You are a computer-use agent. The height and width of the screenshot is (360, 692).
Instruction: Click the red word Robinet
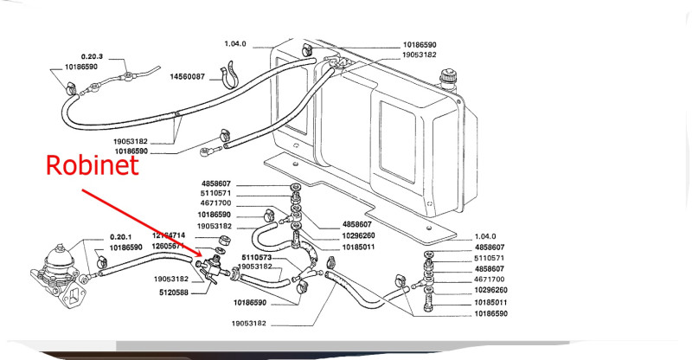click(x=93, y=165)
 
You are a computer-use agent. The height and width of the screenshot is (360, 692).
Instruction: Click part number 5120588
click(x=173, y=292)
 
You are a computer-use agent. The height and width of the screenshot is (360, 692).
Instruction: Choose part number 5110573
click(x=257, y=258)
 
